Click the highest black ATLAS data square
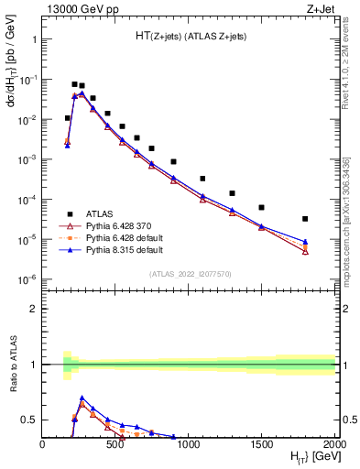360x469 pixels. pos(74,84)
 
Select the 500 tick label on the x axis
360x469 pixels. pos(115,444)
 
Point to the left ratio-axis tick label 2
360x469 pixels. pos(32,309)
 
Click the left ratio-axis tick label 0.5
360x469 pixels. pos(28,420)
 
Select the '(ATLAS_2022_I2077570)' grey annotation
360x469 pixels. pos(189,274)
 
